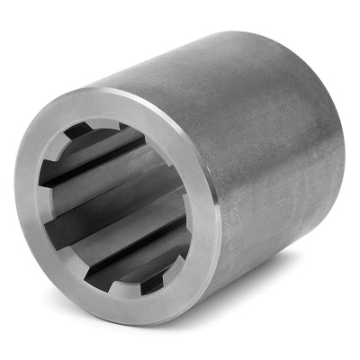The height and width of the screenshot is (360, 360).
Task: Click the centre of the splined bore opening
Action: pyautogui.click(x=116, y=207)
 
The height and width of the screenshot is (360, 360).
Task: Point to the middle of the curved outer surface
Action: pyautogui.click(x=270, y=153)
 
